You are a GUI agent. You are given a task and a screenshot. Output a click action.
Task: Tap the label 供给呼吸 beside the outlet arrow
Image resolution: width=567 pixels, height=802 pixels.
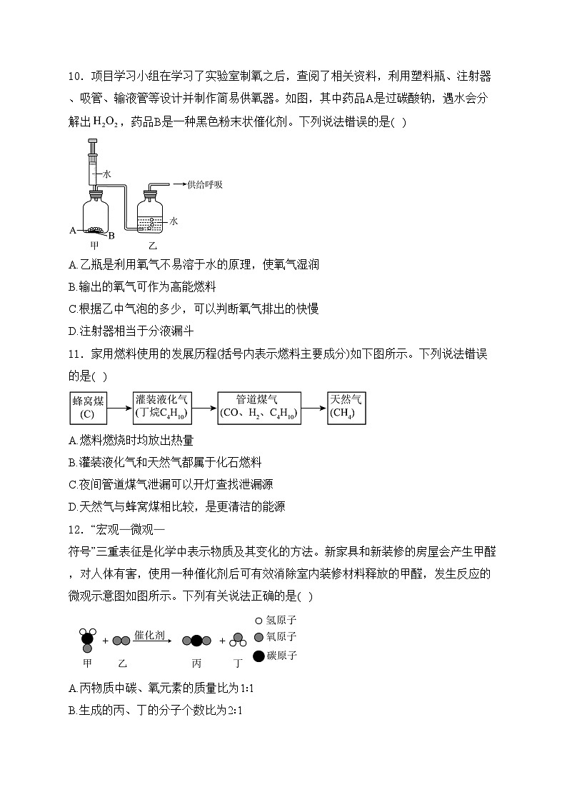(x=205, y=184)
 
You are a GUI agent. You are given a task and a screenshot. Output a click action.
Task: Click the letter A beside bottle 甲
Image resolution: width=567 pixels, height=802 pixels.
(x=72, y=230)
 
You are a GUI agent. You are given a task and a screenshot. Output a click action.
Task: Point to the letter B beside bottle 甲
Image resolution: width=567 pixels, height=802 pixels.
(x=111, y=235)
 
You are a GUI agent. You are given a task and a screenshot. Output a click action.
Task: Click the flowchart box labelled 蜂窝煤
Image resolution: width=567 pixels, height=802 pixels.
(x=89, y=408)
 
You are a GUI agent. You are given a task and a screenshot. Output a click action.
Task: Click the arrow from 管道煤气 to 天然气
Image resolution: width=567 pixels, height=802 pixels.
(x=313, y=407)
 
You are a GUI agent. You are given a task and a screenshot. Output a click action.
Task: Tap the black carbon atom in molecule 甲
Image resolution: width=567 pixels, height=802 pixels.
(x=86, y=638)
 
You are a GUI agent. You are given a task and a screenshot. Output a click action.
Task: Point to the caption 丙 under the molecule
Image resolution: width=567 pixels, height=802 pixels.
(x=196, y=663)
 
